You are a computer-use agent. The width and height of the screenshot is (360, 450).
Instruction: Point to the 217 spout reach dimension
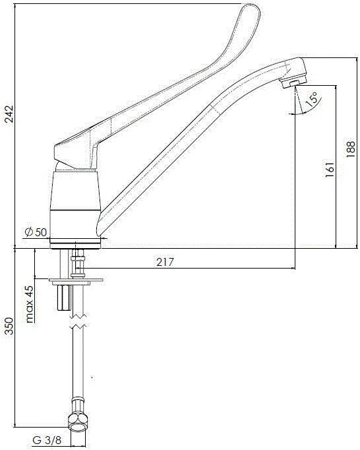click(x=165, y=262)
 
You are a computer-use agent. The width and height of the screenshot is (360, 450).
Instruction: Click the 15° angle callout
click(x=311, y=98)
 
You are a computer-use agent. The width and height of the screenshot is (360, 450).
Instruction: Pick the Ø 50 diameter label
click(x=36, y=232)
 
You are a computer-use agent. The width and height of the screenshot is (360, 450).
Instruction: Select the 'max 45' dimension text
click(x=30, y=304)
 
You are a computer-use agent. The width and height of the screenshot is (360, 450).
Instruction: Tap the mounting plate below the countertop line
click(x=77, y=280)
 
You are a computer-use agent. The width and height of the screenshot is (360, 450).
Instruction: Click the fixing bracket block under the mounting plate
click(x=64, y=296)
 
